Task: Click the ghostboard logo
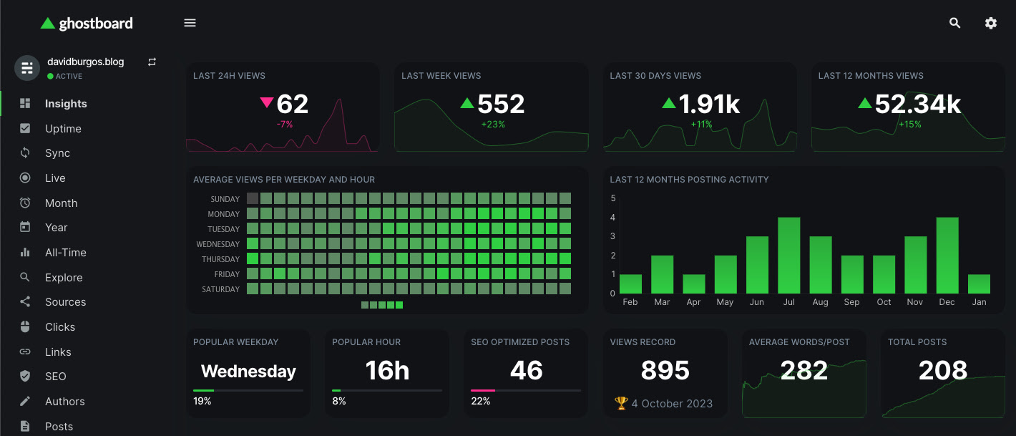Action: coord(87,23)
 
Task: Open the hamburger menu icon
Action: coord(190,23)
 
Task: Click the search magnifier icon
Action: coord(954,23)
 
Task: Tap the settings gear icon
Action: coord(990,23)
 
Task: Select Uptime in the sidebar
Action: coord(63,129)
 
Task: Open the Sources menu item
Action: coord(65,302)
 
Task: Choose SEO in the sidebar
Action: coord(55,377)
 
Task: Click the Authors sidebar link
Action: coord(64,402)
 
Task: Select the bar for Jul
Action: coord(788,256)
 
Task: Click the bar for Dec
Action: coord(947,256)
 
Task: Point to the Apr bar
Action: coord(693,284)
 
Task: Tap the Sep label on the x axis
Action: coord(851,302)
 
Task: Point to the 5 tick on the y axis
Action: coord(612,198)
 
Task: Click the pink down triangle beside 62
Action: coord(267,103)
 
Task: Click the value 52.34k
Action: coord(918,105)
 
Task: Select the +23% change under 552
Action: coord(493,125)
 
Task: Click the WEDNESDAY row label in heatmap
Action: coord(218,244)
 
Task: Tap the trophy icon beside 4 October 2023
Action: coord(620,404)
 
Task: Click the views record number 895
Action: coord(665,370)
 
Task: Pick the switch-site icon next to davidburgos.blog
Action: coord(152,62)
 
